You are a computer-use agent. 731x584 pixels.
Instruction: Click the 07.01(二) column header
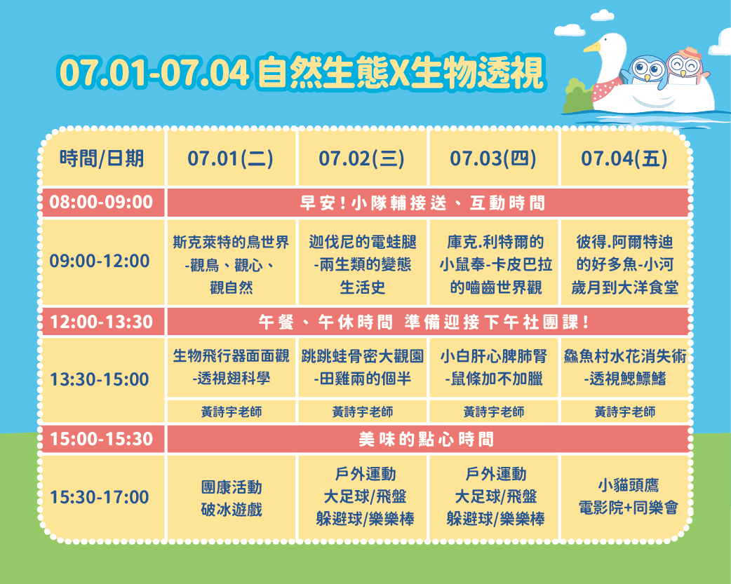point(230,158)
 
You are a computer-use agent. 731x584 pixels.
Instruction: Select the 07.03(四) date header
point(492,158)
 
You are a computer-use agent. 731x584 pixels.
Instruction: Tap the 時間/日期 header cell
point(102,158)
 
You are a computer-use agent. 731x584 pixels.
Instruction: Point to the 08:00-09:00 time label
point(101,203)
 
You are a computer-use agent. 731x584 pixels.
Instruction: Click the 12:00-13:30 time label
point(101,322)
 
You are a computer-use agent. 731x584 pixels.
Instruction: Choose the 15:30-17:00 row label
point(100,497)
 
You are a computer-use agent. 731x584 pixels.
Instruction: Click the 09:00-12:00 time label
point(100,261)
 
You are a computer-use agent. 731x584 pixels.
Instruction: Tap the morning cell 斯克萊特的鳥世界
point(231,265)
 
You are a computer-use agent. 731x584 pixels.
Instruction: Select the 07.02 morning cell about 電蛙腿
point(362,265)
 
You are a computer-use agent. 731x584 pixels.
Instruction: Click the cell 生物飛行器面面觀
point(231,367)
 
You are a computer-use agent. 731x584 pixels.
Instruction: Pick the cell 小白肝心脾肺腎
point(494,367)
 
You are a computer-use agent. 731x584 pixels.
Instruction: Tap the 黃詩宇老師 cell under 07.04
point(624,412)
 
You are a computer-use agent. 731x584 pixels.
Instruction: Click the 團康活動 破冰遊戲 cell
point(232,498)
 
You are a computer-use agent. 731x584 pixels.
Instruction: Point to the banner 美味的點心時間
point(426,439)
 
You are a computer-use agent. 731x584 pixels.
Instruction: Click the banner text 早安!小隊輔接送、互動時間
point(422,203)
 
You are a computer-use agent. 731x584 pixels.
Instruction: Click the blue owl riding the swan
point(648,72)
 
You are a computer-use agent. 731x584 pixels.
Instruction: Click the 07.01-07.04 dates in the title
point(154,73)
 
